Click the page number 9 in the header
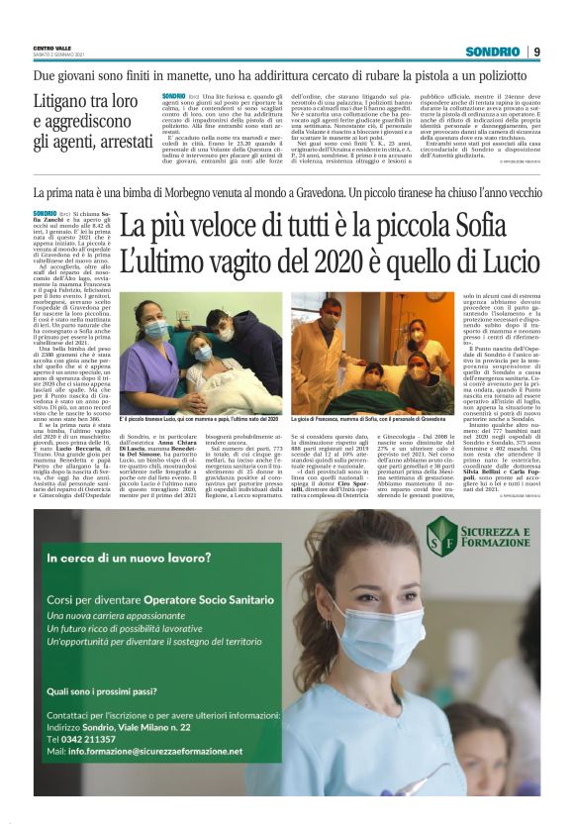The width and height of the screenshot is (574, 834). [x=535, y=52]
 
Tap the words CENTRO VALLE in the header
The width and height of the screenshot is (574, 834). [x=51, y=48]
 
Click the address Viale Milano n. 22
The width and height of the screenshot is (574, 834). [x=146, y=726]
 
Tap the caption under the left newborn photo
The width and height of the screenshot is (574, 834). [x=198, y=422]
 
